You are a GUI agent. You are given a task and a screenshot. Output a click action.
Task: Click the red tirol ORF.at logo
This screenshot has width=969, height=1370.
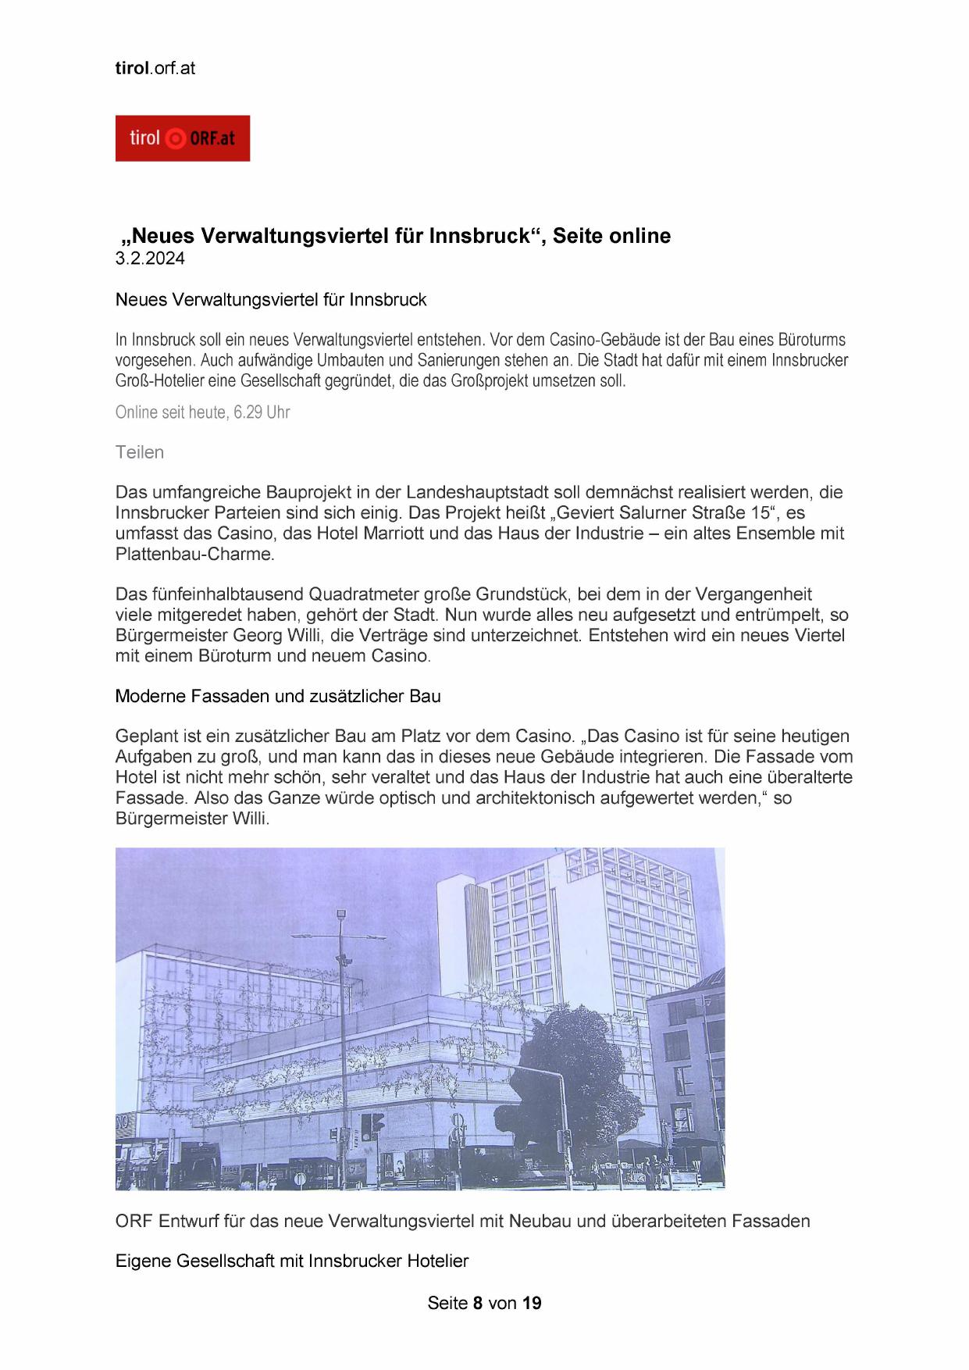click(x=182, y=138)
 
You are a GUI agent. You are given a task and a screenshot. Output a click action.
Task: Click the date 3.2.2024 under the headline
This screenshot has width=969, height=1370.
click(x=150, y=259)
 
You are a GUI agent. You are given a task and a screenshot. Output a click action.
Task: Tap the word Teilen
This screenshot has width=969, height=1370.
click(x=140, y=452)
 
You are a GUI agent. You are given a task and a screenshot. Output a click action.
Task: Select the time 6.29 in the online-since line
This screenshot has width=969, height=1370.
click(x=248, y=412)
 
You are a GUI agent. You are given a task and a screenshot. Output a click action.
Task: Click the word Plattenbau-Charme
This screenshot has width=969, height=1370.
click(x=194, y=555)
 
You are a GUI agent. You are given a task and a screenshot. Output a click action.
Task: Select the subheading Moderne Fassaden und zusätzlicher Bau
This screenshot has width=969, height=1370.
click(x=278, y=696)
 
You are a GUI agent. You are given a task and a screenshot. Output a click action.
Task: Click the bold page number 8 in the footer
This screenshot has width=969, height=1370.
click(x=478, y=1303)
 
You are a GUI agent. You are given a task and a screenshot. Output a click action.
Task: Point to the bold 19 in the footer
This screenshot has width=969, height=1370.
click(x=532, y=1303)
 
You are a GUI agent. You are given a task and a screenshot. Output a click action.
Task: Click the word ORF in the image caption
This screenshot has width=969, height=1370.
click(x=134, y=1221)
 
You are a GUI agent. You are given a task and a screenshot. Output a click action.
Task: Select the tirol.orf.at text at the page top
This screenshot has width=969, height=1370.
click(x=155, y=68)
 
